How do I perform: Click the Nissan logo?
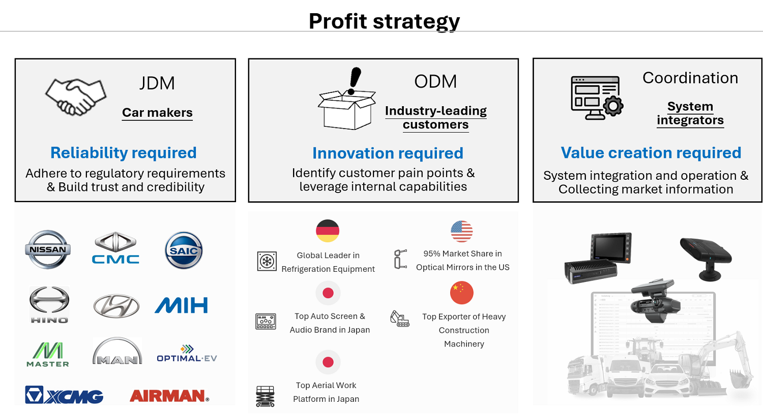[x=48, y=249]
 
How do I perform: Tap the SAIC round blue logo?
[x=184, y=250]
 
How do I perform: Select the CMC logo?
[x=115, y=248]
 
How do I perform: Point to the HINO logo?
[x=49, y=304]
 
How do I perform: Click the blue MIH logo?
[x=181, y=305]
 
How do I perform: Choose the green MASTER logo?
[x=48, y=354]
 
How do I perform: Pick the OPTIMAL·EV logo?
[x=187, y=354]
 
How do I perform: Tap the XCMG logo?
[x=64, y=395]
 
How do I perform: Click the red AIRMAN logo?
[x=169, y=396]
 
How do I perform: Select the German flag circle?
[x=328, y=231]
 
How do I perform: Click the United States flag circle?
[x=461, y=231]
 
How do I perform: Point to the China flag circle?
[x=461, y=293]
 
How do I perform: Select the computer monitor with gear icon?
[x=597, y=98]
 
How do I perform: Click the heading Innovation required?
[x=388, y=153]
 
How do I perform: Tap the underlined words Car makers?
[x=157, y=113]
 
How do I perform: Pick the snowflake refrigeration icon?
[x=267, y=261]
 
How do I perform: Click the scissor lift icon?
[x=265, y=396]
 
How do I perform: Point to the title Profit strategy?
[x=384, y=21]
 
